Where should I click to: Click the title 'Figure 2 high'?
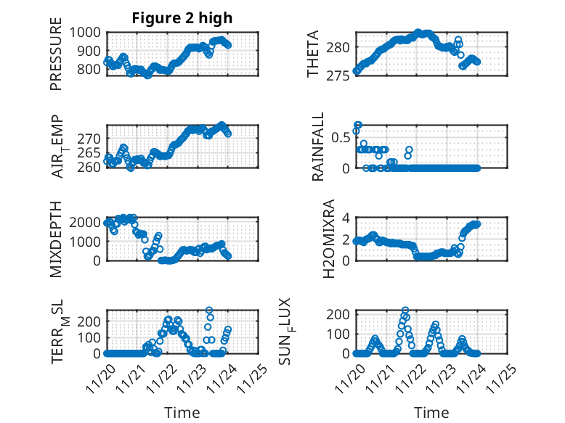[182, 18]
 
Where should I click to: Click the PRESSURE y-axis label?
[57, 59]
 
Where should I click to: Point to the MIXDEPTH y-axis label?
[57, 238]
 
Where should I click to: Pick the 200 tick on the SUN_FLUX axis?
[339, 313]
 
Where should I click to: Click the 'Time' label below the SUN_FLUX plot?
[431, 413]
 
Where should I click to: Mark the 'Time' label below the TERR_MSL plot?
[182, 413]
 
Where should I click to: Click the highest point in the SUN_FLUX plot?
[405, 311]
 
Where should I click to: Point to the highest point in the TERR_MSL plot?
[210, 311]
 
